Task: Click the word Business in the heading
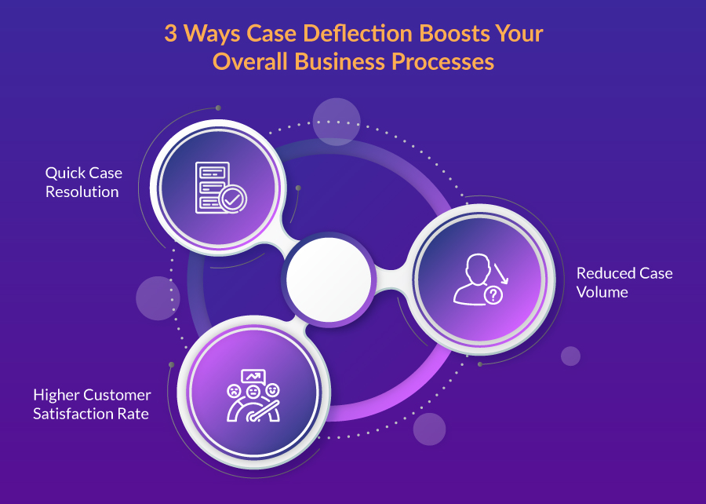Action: tap(337, 62)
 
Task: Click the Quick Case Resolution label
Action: tap(83, 182)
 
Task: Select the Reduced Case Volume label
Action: tap(624, 283)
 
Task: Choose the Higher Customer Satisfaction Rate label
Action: tap(92, 404)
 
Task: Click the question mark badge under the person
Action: tap(493, 295)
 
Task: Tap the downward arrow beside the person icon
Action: tap(500, 274)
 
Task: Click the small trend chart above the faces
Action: tap(253, 377)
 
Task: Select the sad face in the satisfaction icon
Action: tap(234, 390)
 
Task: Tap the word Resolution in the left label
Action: tap(82, 192)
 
